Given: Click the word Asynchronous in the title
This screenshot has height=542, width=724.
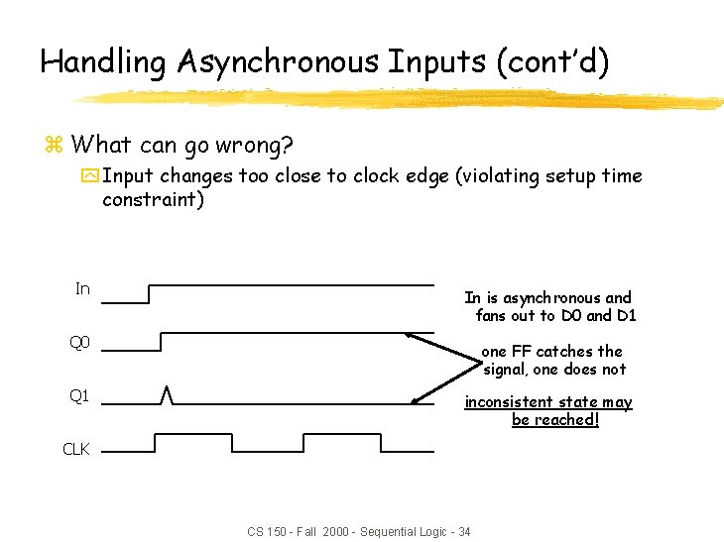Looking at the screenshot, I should (x=280, y=62).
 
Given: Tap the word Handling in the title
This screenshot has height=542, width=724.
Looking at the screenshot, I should (x=104, y=62).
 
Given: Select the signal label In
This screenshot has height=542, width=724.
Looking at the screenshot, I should (x=82, y=289).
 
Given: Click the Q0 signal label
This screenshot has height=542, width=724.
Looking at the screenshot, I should (x=79, y=343).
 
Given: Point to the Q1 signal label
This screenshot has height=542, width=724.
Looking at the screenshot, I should (x=79, y=395).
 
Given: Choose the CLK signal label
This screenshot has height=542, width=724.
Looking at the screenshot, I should (x=76, y=449).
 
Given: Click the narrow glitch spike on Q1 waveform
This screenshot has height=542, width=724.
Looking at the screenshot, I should (x=168, y=395).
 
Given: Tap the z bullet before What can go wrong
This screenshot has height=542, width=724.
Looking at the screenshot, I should (x=55, y=146).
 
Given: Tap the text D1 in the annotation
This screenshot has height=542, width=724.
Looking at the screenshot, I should (x=626, y=315).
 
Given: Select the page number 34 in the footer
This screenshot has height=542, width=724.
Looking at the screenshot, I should (x=463, y=532).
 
